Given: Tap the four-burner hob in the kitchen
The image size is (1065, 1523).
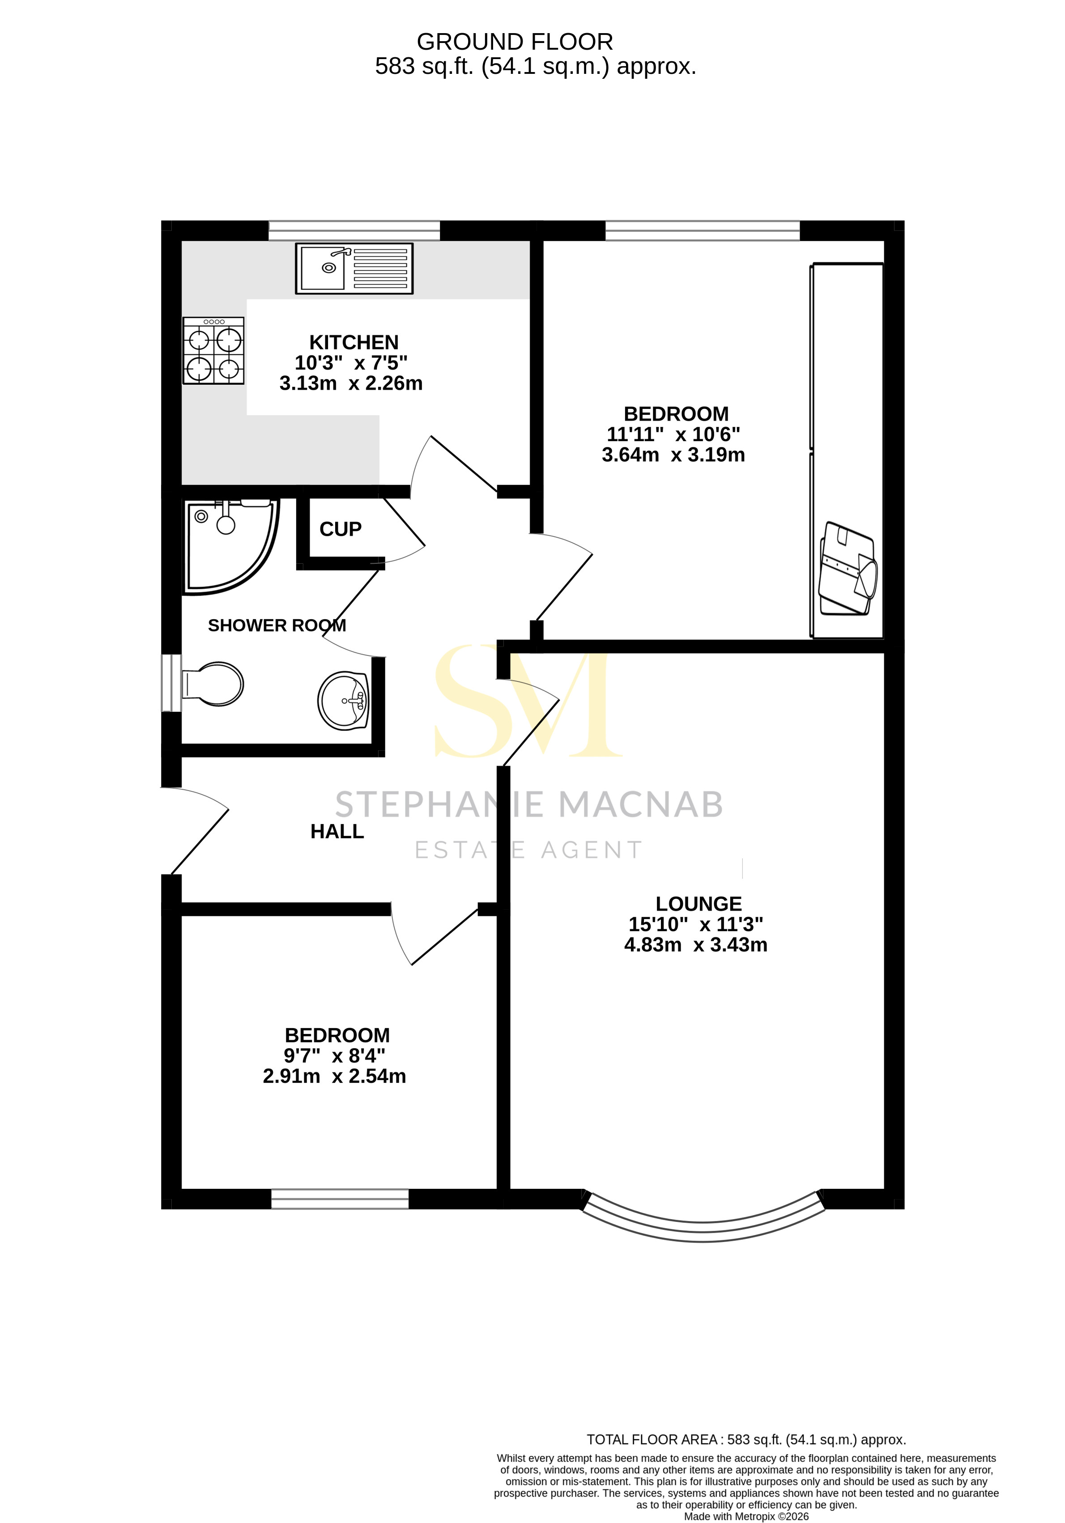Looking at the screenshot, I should (x=213, y=351).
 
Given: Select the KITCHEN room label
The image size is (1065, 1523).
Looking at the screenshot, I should (x=354, y=342).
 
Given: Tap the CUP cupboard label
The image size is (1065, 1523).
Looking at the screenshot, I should (x=341, y=529).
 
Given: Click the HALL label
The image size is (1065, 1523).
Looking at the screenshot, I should (x=337, y=831).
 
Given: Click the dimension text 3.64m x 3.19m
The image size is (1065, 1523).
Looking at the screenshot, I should (x=673, y=455).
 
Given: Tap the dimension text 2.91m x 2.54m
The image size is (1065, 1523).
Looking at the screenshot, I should (x=334, y=1076).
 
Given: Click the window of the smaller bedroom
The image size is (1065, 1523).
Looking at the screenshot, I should (x=340, y=1198).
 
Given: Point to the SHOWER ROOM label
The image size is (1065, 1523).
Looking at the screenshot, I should (x=277, y=625).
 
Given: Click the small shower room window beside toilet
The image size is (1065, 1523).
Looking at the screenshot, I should (x=172, y=683).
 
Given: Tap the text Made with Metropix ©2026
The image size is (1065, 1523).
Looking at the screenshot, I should (x=746, y=1516).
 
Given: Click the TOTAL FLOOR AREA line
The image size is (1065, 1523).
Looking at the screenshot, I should (x=746, y=1440).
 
